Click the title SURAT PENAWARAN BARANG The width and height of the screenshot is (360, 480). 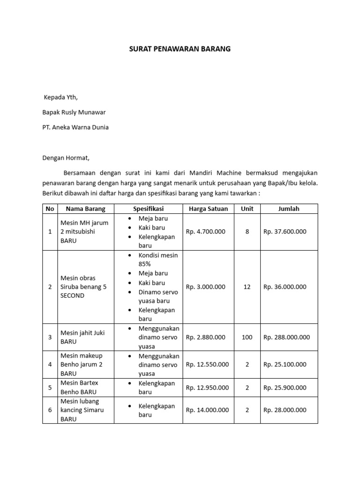(180, 49)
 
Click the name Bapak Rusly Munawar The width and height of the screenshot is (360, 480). (74, 112)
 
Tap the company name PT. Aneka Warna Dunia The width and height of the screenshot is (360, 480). (75, 127)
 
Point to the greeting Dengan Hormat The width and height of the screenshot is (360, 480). (65, 158)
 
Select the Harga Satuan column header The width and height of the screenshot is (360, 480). (208, 209)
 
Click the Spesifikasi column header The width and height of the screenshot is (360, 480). (148, 209)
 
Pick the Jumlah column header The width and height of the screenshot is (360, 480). (288, 209)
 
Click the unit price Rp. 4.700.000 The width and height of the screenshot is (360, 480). (205, 232)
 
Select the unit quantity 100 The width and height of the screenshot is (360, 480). (247, 337)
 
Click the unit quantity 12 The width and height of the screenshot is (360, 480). (247, 287)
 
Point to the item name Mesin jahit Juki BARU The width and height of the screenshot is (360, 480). (82, 337)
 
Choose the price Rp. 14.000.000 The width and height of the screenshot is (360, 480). (207, 410)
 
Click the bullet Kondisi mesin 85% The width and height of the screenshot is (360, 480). (158, 260)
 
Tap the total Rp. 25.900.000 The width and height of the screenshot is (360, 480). (285, 388)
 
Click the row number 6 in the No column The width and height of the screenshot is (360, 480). (50, 410)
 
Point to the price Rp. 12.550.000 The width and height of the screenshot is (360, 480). (207, 364)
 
